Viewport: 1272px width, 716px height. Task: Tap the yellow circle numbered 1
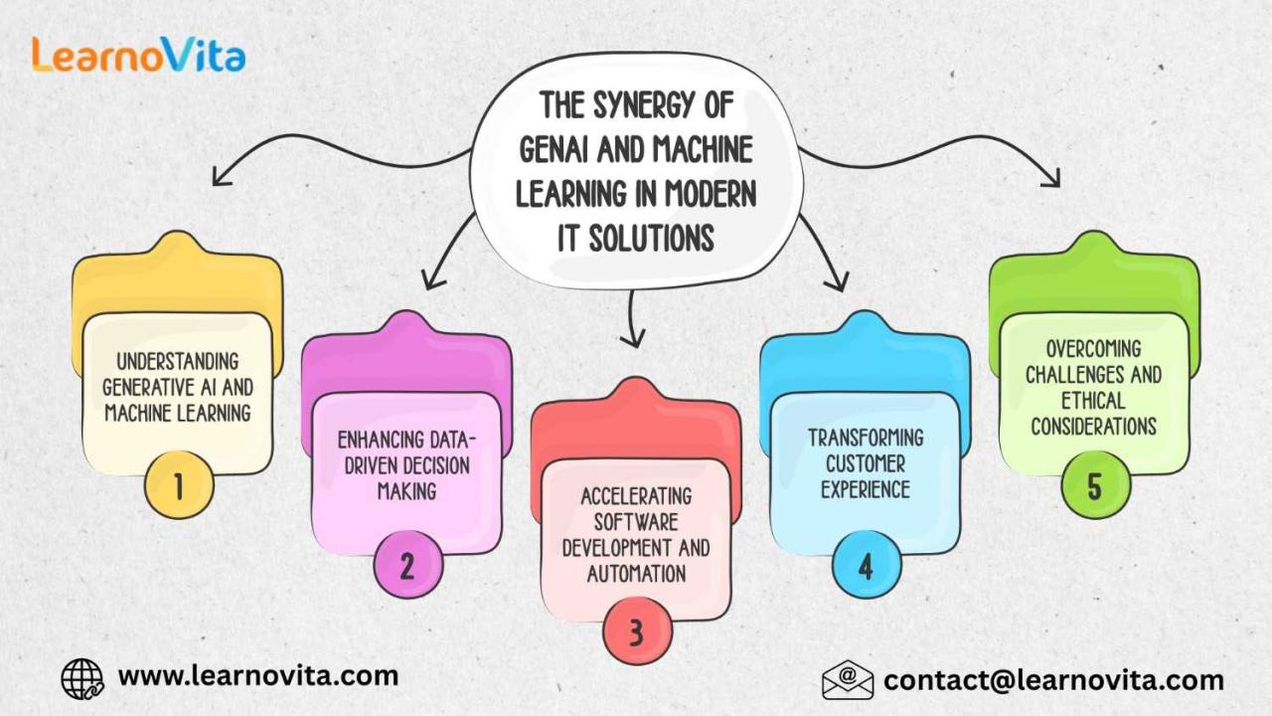[x=179, y=486]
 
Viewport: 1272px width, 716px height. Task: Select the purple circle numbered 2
[x=407, y=566]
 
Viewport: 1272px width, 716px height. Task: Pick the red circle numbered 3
[x=637, y=631]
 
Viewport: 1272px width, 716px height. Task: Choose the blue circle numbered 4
[x=866, y=566]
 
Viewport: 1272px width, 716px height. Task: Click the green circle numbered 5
[x=1094, y=486]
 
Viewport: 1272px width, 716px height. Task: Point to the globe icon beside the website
[x=82, y=678]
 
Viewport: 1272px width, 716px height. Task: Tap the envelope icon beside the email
[x=848, y=680]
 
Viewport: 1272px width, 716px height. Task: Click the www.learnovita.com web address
[x=258, y=676]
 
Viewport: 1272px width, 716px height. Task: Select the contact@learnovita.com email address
[x=1053, y=680]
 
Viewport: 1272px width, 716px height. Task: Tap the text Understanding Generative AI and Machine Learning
[x=177, y=387]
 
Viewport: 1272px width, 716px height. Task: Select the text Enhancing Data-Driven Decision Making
[x=405, y=464]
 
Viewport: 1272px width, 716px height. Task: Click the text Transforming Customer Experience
[x=865, y=463]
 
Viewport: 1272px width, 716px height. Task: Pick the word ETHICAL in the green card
[x=1093, y=401]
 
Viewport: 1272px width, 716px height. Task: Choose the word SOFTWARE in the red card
[x=636, y=522]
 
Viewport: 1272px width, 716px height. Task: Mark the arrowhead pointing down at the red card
[x=629, y=339]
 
